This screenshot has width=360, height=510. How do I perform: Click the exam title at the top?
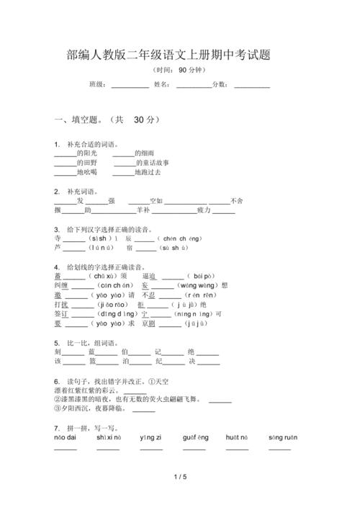coord(179,55)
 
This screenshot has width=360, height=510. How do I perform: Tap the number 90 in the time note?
coord(183,71)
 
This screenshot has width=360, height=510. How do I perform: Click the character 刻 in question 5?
coord(58,352)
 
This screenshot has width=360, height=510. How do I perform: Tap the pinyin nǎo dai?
coord(65,437)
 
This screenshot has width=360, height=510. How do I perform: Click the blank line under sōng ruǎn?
coord(279,448)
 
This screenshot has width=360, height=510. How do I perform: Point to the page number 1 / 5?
coord(180,478)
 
